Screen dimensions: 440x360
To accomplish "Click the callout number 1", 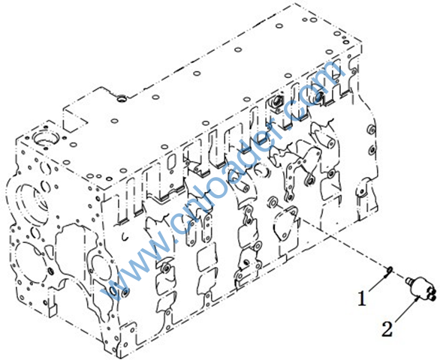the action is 362,298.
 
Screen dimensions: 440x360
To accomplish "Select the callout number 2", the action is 387,328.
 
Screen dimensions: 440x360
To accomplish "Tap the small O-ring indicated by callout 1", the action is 390,269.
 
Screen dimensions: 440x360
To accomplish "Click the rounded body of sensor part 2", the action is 420,286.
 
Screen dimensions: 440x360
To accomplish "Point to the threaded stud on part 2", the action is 408,280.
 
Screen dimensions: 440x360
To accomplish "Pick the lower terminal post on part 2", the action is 432,295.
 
